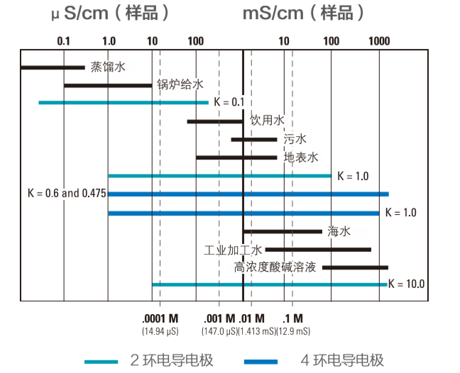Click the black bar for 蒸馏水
click(x=53, y=67)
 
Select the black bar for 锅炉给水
click(x=108, y=85)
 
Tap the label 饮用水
click(x=267, y=120)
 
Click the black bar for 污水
click(x=253, y=139)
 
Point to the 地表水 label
click(x=300, y=157)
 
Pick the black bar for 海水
click(x=283, y=231)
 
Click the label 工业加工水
click(x=233, y=250)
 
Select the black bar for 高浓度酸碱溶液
click(x=355, y=267)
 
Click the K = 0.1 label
click(x=229, y=102)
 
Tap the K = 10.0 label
click(x=406, y=284)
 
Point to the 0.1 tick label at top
click(x=64, y=40)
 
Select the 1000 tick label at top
click(x=379, y=40)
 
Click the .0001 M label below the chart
click(x=160, y=318)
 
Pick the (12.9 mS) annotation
click(x=292, y=330)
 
